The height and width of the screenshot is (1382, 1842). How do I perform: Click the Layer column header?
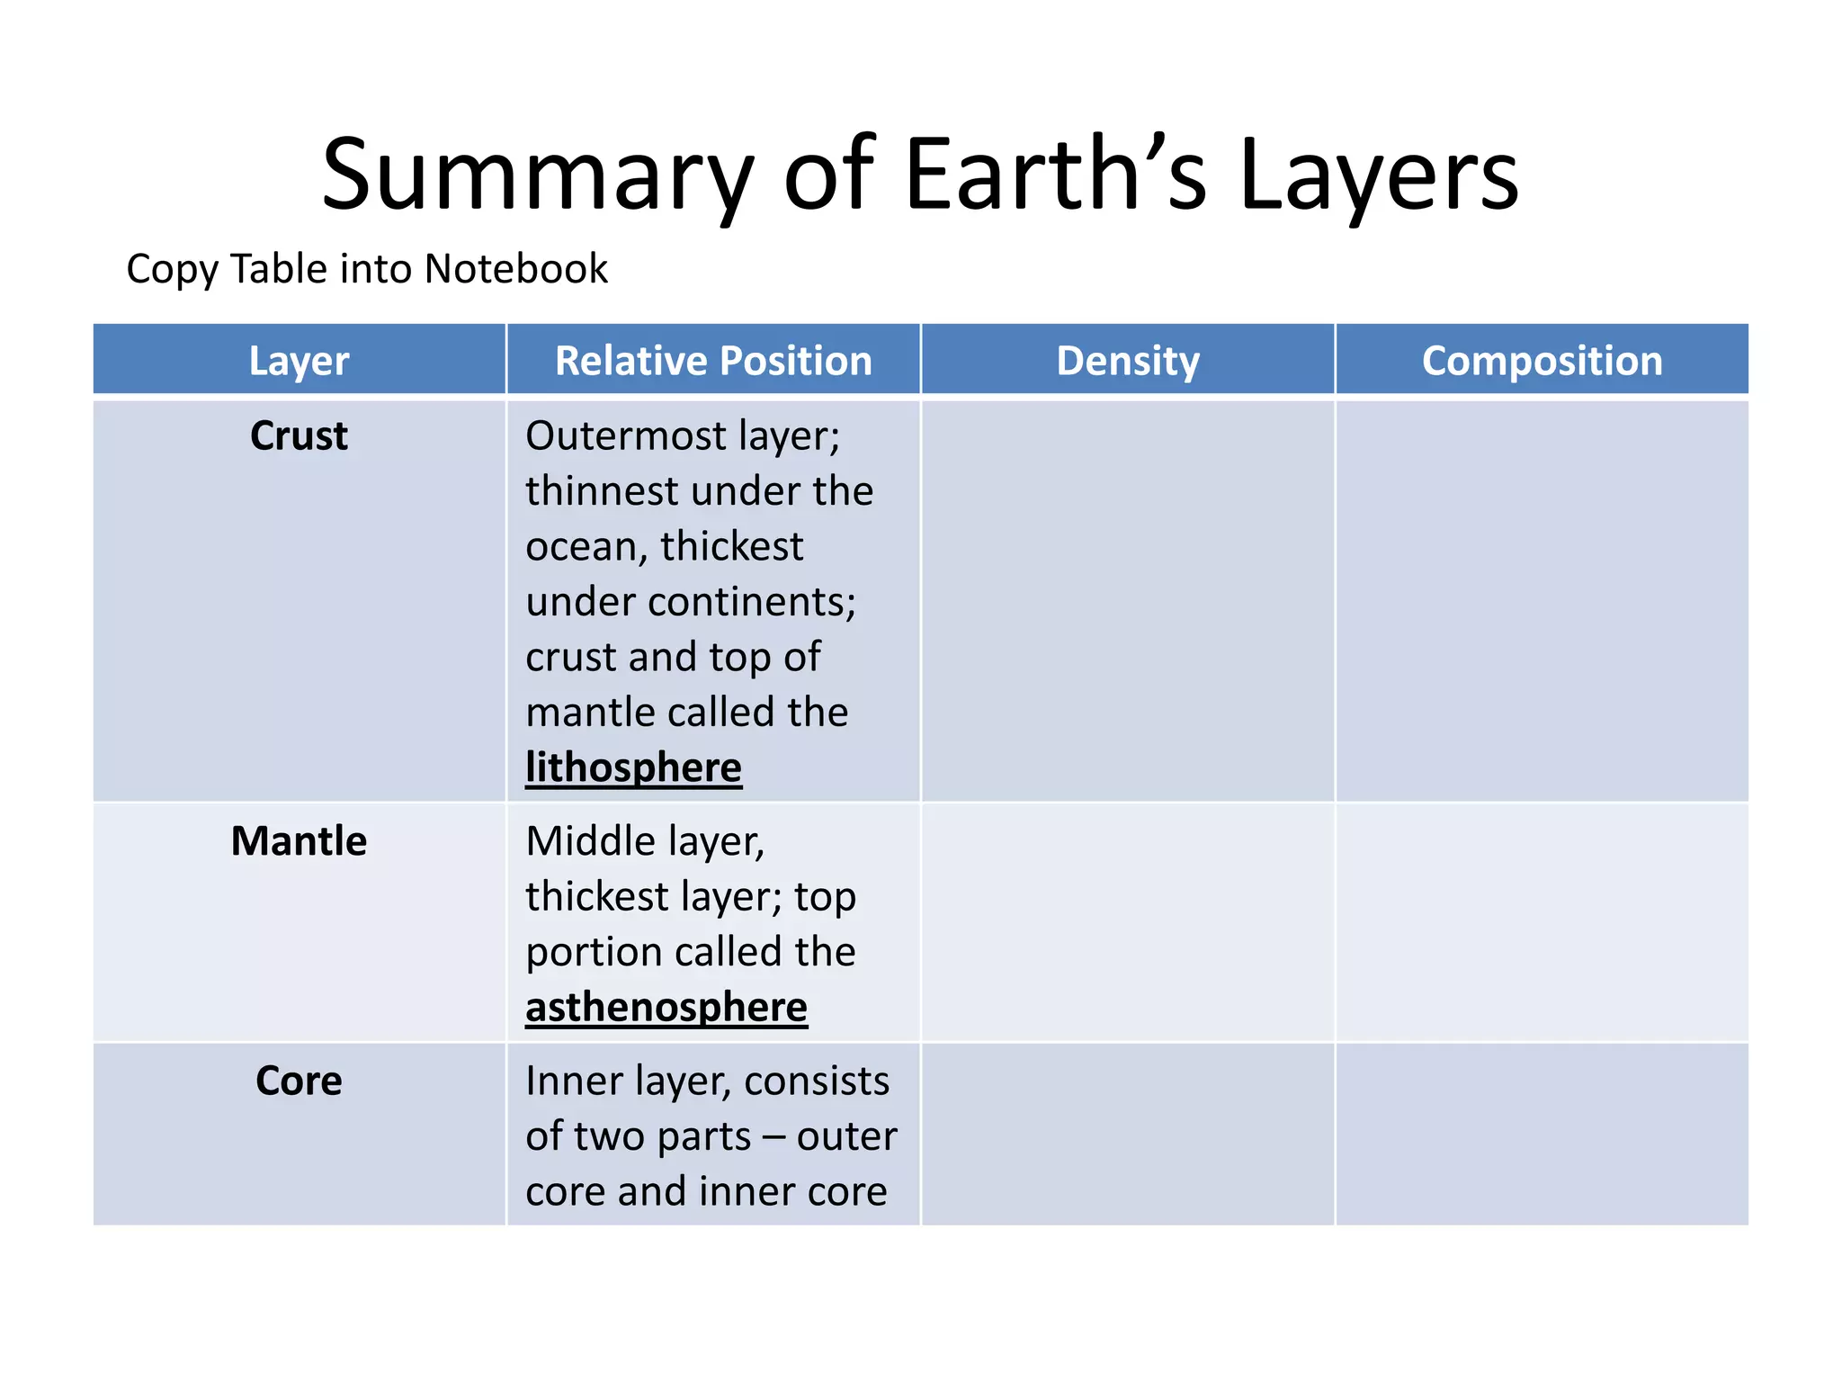(x=299, y=361)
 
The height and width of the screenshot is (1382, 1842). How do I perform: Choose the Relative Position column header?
(x=713, y=361)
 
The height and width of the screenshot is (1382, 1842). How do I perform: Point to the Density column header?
(x=1128, y=361)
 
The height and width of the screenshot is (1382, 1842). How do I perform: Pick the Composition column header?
(x=1542, y=361)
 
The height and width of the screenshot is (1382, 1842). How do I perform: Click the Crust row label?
(x=299, y=436)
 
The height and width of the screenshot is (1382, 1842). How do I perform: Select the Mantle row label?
(x=299, y=842)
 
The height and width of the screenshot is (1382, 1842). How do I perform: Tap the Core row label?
(x=299, y=1081)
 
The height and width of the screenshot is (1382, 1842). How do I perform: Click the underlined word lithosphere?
(x=633, y=768)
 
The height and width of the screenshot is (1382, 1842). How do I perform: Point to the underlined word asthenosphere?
(x=666, y=1008)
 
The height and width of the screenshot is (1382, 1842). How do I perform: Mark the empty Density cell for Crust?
(x=1128, y=599)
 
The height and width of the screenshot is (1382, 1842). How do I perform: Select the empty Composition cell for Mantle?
(x=1542, y=922)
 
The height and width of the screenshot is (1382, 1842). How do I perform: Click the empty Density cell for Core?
(x=1128, y=1134)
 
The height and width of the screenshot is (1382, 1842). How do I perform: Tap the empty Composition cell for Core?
(x=1542, y=1134)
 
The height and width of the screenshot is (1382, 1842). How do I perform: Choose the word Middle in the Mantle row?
(x=590, y=842)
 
